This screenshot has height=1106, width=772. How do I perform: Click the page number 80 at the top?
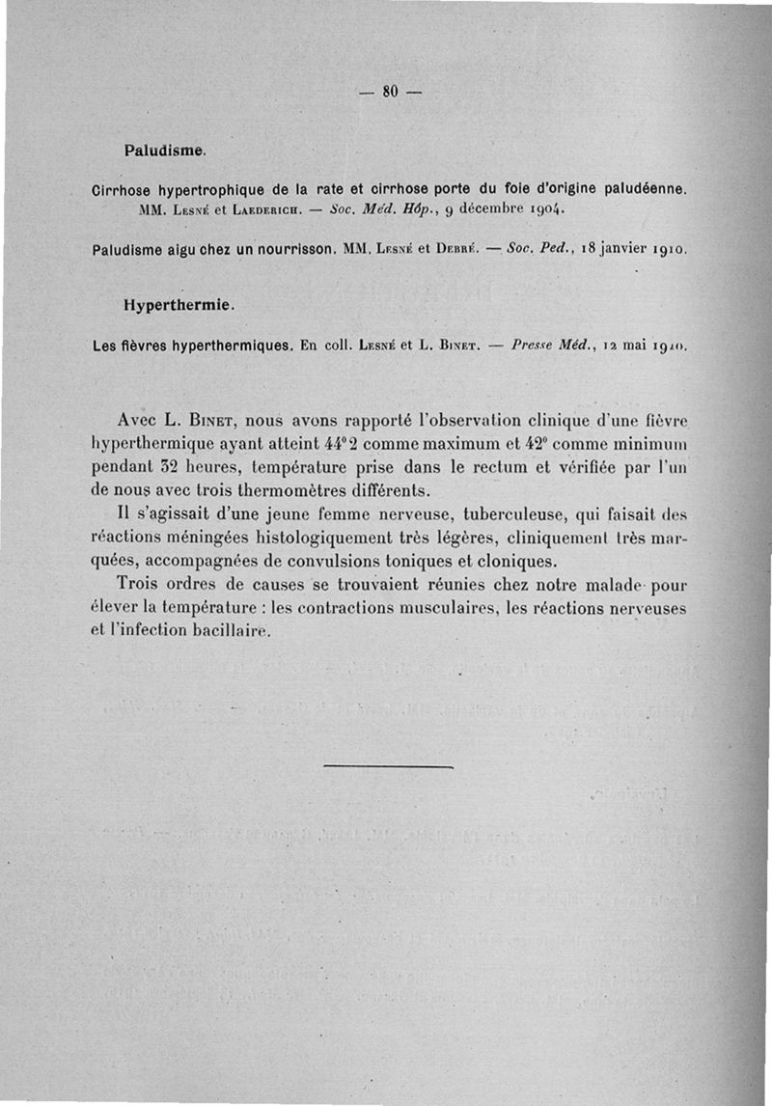pyautogui.click(x=391, y=92)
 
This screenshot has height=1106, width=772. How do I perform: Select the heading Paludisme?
pyautogui.click(x=164, y=151)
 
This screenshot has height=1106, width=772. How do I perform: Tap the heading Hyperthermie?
pyautogui.click(x=179, y=304)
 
